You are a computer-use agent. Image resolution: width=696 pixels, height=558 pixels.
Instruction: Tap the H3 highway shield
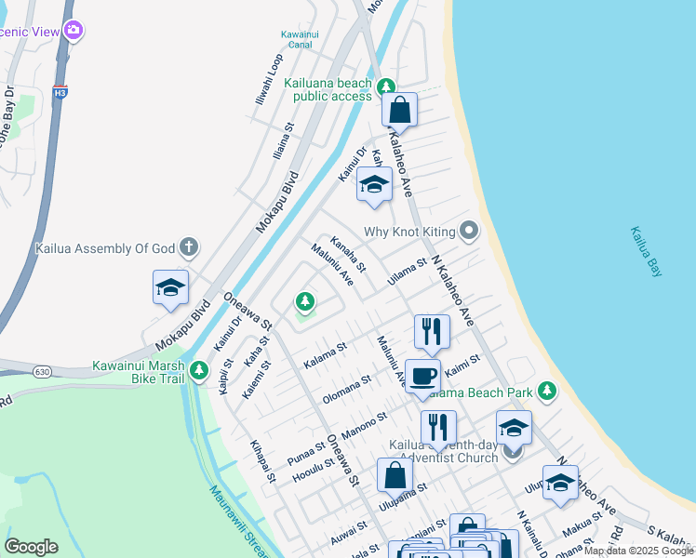click(x=60, y=93)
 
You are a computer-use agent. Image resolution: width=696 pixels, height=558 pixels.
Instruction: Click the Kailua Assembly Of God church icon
click(x=189, y=247)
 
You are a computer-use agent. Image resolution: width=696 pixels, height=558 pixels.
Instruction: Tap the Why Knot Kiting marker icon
click(x=470, y=230)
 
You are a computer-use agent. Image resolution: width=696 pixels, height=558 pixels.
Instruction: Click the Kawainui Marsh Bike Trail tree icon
click(x=198, y=372)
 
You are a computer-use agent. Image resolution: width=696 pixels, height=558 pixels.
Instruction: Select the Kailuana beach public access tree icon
click(x=386, y=88)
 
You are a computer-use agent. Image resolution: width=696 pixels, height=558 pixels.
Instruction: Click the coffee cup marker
click(x=422, y=376)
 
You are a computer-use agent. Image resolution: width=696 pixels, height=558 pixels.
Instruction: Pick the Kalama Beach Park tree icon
click(x=548, y=390)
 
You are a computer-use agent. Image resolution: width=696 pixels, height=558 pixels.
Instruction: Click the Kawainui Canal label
click(x=299, y=39)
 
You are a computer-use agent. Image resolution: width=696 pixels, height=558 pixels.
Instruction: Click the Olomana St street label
click(x=346, y=388)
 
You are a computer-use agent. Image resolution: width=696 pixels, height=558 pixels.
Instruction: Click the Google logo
click(x=31, y=547)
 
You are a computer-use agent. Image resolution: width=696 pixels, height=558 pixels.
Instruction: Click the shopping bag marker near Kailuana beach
click(x=399, y=109)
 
